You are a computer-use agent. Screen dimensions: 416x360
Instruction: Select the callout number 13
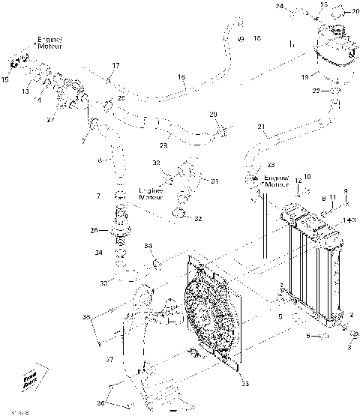click(25, 90)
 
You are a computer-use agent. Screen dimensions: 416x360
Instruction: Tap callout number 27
click(51, 119)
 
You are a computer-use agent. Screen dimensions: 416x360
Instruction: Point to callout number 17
click(115, 66)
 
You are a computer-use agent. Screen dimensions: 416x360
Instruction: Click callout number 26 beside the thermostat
click(94, 230)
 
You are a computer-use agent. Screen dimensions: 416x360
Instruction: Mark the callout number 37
click(109, 359)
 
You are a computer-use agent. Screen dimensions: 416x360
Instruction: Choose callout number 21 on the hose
click(261, 127)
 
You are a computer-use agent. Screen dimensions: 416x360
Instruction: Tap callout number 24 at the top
click(279, 6)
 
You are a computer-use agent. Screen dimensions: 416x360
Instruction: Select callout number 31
click(214, 181)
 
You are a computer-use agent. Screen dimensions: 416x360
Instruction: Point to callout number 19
click(305, 76)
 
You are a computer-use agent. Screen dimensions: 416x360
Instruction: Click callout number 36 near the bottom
click(99, 403)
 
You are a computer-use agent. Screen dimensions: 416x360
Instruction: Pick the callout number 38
click(86, 318)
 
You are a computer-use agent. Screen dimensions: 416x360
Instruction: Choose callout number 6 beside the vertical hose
click(98, 160)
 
